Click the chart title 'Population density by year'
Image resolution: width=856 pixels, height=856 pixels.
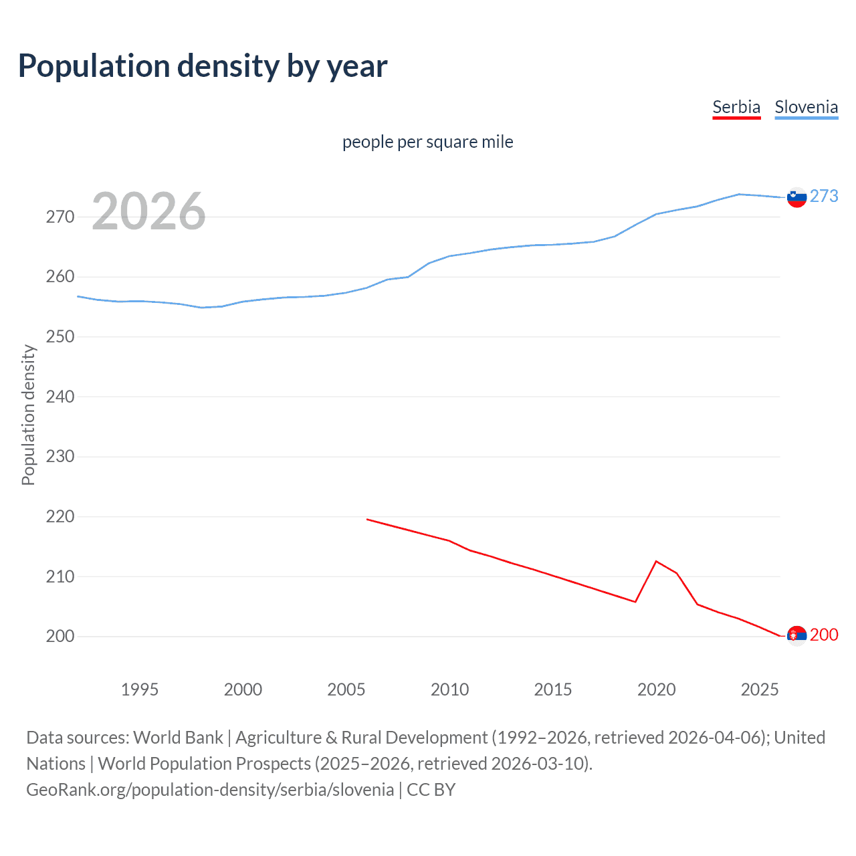click(203, 66)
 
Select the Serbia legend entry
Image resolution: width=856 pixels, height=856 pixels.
click(736, 108)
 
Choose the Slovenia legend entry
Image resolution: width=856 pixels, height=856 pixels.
click(806, 108)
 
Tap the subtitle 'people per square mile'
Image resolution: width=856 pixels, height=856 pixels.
click(427, 142)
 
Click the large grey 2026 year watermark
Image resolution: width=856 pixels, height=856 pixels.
click(148, 211)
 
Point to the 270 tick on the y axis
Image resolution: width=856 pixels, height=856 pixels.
click(60, 217)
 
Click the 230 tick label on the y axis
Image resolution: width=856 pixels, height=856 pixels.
click(60, 457)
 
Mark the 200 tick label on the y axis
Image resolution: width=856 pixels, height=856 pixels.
click(60, 636)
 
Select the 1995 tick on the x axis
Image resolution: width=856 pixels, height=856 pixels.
click(139, 689)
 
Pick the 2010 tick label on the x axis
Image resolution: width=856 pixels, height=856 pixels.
click(449, 689)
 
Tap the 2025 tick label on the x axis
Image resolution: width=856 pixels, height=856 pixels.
click(760, 689)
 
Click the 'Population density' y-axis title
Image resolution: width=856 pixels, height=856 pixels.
click(28, 415)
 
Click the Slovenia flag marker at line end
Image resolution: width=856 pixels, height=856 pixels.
click(796, 197)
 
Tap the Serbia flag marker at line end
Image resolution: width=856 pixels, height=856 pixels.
click(796, 635)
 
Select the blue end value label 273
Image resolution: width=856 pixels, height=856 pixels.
click(824, 196)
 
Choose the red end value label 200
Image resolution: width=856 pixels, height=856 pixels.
click(824, 635)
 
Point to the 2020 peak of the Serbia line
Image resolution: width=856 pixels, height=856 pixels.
click(656, 561)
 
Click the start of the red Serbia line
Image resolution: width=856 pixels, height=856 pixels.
click(367, 519)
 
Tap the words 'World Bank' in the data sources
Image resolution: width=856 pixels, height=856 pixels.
click(178, 738)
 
